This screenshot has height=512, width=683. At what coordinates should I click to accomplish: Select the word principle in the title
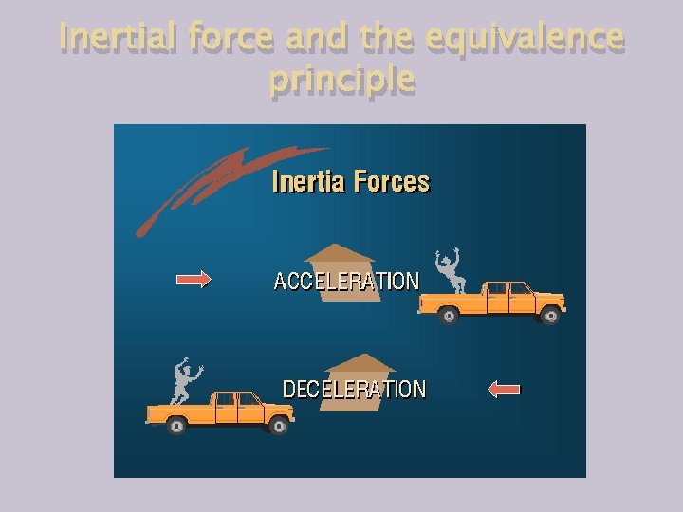[x=341, y=80]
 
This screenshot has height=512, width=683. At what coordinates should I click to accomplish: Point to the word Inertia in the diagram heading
[x=308, y=181]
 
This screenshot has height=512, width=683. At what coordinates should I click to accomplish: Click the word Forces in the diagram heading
[x=392, y=181]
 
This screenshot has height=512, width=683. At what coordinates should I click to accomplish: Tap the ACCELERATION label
[x=346, y=282]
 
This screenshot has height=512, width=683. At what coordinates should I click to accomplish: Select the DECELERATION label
[x=354, y=389]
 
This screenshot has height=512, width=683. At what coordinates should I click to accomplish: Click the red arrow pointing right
[x=194, y=279]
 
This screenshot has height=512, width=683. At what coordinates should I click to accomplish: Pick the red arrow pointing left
[x=504, y=388]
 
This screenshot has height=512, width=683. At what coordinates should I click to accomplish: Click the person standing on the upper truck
[x=449, y=269]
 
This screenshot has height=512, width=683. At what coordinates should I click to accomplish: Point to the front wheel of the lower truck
[x=279, y=427]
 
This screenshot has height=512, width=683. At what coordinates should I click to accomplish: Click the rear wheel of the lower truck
[x=176, y=427]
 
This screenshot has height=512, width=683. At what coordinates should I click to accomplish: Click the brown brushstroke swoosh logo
[x=218, y=185]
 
